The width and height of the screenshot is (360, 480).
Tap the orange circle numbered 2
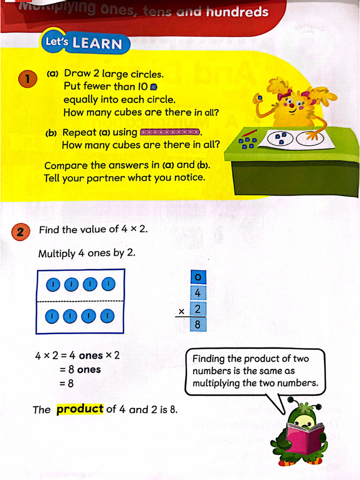pyautogui.click(x=21, y=232)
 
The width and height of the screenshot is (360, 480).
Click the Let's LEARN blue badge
pyautogui.click(x=83, y=43)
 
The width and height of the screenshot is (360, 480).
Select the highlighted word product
pyautogui.click(x=80, y=409)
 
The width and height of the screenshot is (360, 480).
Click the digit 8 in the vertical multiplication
pyautogui.click(x=198, y=324)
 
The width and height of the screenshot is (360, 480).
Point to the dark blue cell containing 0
pyautogui.click(x=198, y=277)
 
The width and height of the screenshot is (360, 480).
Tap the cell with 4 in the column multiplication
pyautogui.click(x=198, y=293)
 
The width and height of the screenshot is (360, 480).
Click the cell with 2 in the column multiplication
pyautogui.click(x=198, y=309)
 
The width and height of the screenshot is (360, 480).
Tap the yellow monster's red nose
pyautogui.click(x=292, y=105)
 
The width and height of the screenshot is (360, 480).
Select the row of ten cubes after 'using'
pyautogui.click(x=170, y=132)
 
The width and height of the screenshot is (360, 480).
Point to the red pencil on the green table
pyautogui.click(x=249, y=133)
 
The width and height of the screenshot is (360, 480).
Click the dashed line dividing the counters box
pyautogui.click(x=80, y=300)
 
